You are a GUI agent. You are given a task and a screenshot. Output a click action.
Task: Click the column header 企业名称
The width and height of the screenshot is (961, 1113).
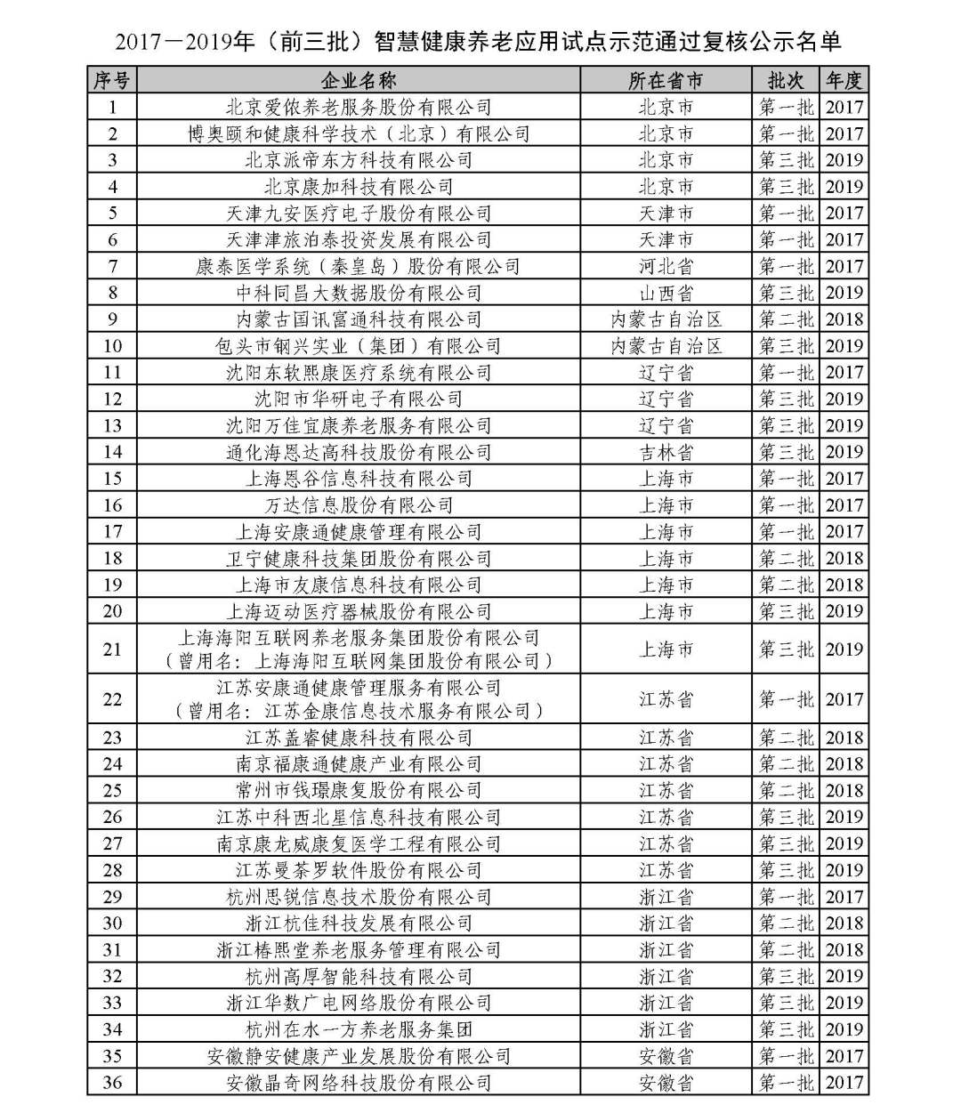359,80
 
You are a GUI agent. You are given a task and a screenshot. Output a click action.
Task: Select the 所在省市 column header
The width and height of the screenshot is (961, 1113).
666,80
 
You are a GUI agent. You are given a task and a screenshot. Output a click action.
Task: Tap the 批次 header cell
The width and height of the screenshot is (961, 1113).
786,80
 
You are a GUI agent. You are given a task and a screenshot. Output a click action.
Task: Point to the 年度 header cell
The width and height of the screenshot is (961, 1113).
844,80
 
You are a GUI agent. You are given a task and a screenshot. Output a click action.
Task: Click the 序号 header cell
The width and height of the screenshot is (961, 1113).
112,80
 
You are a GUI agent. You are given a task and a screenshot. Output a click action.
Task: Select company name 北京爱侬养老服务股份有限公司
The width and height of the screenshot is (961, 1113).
359,108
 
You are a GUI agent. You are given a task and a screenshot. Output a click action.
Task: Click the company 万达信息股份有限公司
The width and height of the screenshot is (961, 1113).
359,505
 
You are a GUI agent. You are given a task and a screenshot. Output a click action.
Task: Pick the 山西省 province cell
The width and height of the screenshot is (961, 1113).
666,293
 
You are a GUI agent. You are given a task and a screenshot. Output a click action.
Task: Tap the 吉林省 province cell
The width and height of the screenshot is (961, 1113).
666,452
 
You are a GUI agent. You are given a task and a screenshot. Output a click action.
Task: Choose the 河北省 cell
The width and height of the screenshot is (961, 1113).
666,266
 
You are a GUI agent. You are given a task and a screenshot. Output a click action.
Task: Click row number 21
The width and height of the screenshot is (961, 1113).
112,649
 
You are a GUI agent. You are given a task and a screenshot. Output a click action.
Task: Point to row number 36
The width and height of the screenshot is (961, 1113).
112,1083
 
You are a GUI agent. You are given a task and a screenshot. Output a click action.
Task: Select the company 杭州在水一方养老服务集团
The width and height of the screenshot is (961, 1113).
359,1029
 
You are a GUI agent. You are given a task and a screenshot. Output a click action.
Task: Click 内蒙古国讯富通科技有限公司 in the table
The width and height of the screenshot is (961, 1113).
359,319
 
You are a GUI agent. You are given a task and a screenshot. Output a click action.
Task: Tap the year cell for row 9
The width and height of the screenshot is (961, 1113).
844,319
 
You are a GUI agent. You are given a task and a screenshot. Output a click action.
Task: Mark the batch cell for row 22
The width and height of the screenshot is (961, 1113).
786,699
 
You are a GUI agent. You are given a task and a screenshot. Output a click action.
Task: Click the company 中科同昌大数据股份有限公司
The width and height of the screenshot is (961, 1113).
359,293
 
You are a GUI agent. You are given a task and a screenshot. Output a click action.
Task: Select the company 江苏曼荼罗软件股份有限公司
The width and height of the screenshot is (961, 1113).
359,870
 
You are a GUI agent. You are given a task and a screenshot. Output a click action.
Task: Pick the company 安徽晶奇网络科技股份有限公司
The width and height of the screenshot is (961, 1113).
359,1083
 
